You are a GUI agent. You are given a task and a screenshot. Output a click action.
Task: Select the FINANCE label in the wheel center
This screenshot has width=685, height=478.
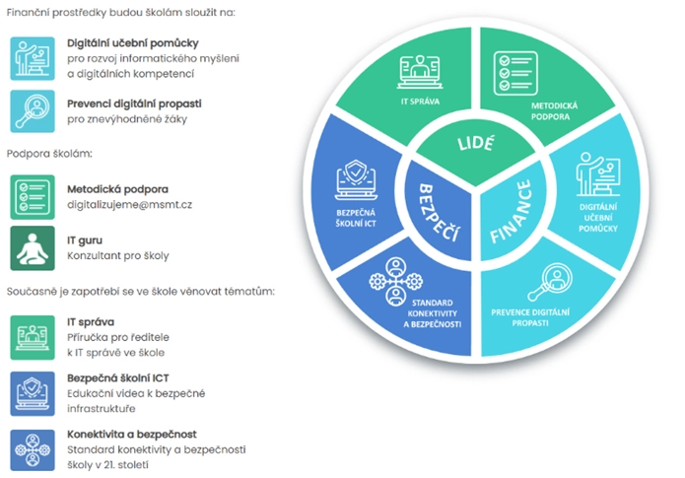pos(516,213)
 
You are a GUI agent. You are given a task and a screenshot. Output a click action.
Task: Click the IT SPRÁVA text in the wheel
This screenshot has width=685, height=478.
pos(420,102)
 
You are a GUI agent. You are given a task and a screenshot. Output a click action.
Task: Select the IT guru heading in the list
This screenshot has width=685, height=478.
pos(87,239)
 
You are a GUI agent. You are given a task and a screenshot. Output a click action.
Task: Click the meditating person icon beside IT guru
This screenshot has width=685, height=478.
pos(33,247)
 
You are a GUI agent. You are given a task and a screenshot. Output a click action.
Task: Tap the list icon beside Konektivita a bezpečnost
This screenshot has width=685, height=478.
pos(33,448)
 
